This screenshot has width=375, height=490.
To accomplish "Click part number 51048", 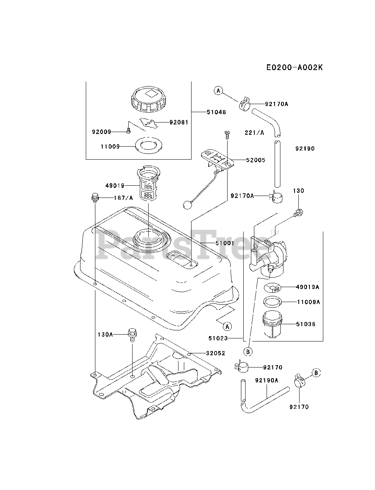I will click(216, 112).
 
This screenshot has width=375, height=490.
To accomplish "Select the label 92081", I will click(179, 122).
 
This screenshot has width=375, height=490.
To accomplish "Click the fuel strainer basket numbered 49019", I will click(147, 184).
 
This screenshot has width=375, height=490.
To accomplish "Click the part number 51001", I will click(214, 243).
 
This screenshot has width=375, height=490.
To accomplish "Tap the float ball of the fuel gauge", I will click(187, 205).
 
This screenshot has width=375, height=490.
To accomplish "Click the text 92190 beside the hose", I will click(305, 149).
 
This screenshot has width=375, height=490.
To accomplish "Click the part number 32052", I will click(216, 353).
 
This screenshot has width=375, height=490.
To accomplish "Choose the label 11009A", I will click(308, 302).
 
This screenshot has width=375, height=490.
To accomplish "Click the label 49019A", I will click(308, 287).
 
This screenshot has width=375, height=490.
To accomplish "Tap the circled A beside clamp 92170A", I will click(218, 91).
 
